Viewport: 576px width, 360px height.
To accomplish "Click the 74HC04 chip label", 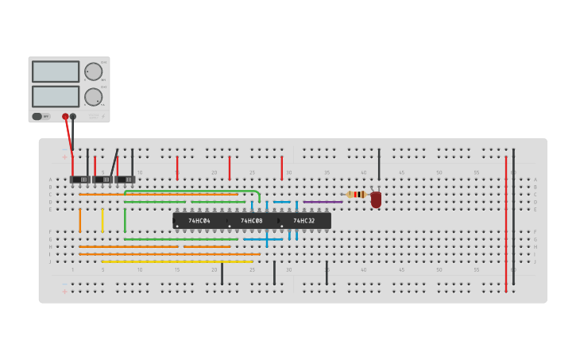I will coord(199,221).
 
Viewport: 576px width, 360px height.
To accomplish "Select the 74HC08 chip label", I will coord(252,221).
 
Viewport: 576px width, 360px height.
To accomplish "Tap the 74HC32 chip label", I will coord(304,221).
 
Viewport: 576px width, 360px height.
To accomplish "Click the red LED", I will coord(376,199).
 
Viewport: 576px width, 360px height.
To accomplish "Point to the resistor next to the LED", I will coord(357,194).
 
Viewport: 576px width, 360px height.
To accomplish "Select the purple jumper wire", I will coord(323,202).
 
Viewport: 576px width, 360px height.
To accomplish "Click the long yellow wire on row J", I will coord(176,261).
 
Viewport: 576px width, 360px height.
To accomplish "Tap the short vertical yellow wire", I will coord(102,220).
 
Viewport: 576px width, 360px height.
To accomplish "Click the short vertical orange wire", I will coord(79,220).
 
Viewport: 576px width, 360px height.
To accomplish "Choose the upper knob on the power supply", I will coord(94,72).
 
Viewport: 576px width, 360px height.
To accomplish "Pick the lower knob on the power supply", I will coord(94,97).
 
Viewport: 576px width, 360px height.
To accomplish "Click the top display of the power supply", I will coord(56,72).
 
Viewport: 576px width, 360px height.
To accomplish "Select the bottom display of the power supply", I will coord(56,96).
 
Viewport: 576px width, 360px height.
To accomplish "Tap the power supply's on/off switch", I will coord(37,116).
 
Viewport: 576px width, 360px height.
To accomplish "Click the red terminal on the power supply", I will coord(65,116).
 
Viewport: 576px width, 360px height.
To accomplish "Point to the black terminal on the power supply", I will coord(73,116).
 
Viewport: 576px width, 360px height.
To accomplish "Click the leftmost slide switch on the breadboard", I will coord(80,180).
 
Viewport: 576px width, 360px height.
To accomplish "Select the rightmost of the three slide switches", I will coord(126,180).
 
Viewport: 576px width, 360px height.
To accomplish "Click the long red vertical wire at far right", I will coord(505,223).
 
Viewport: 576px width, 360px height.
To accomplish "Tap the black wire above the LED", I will coord(379,165).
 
